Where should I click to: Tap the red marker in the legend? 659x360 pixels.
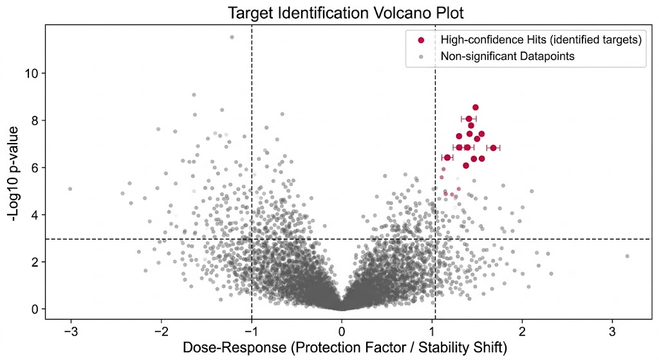pos(422,40)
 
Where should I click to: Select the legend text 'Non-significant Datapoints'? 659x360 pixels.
pos(507,57)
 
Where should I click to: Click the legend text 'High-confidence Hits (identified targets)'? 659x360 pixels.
pos(541,40)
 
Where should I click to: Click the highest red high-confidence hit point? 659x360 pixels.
pos(476,108)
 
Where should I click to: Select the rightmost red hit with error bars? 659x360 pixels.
pos(494,147)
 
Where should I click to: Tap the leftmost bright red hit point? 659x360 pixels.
pos(447,157)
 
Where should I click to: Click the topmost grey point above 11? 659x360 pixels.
pos(232,37)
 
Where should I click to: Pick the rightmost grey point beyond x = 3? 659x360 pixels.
pos(627,256)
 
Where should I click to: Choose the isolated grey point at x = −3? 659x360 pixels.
pos(70,189)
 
